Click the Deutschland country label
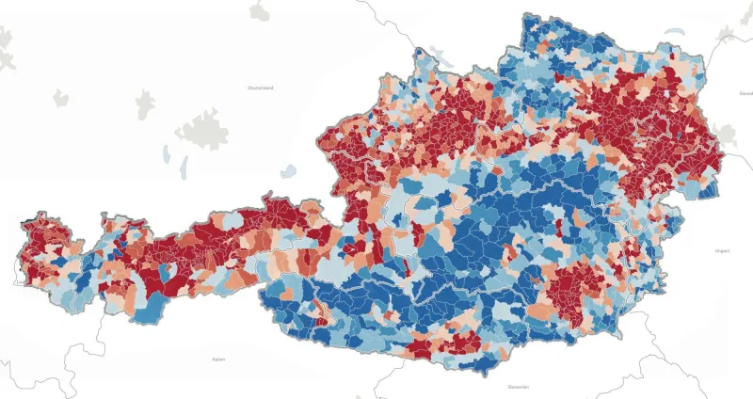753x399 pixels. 260,88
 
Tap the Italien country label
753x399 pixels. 219,359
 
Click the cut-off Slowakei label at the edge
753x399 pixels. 745,94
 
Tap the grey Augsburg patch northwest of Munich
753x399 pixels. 147,102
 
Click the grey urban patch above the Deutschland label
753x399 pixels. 259,10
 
